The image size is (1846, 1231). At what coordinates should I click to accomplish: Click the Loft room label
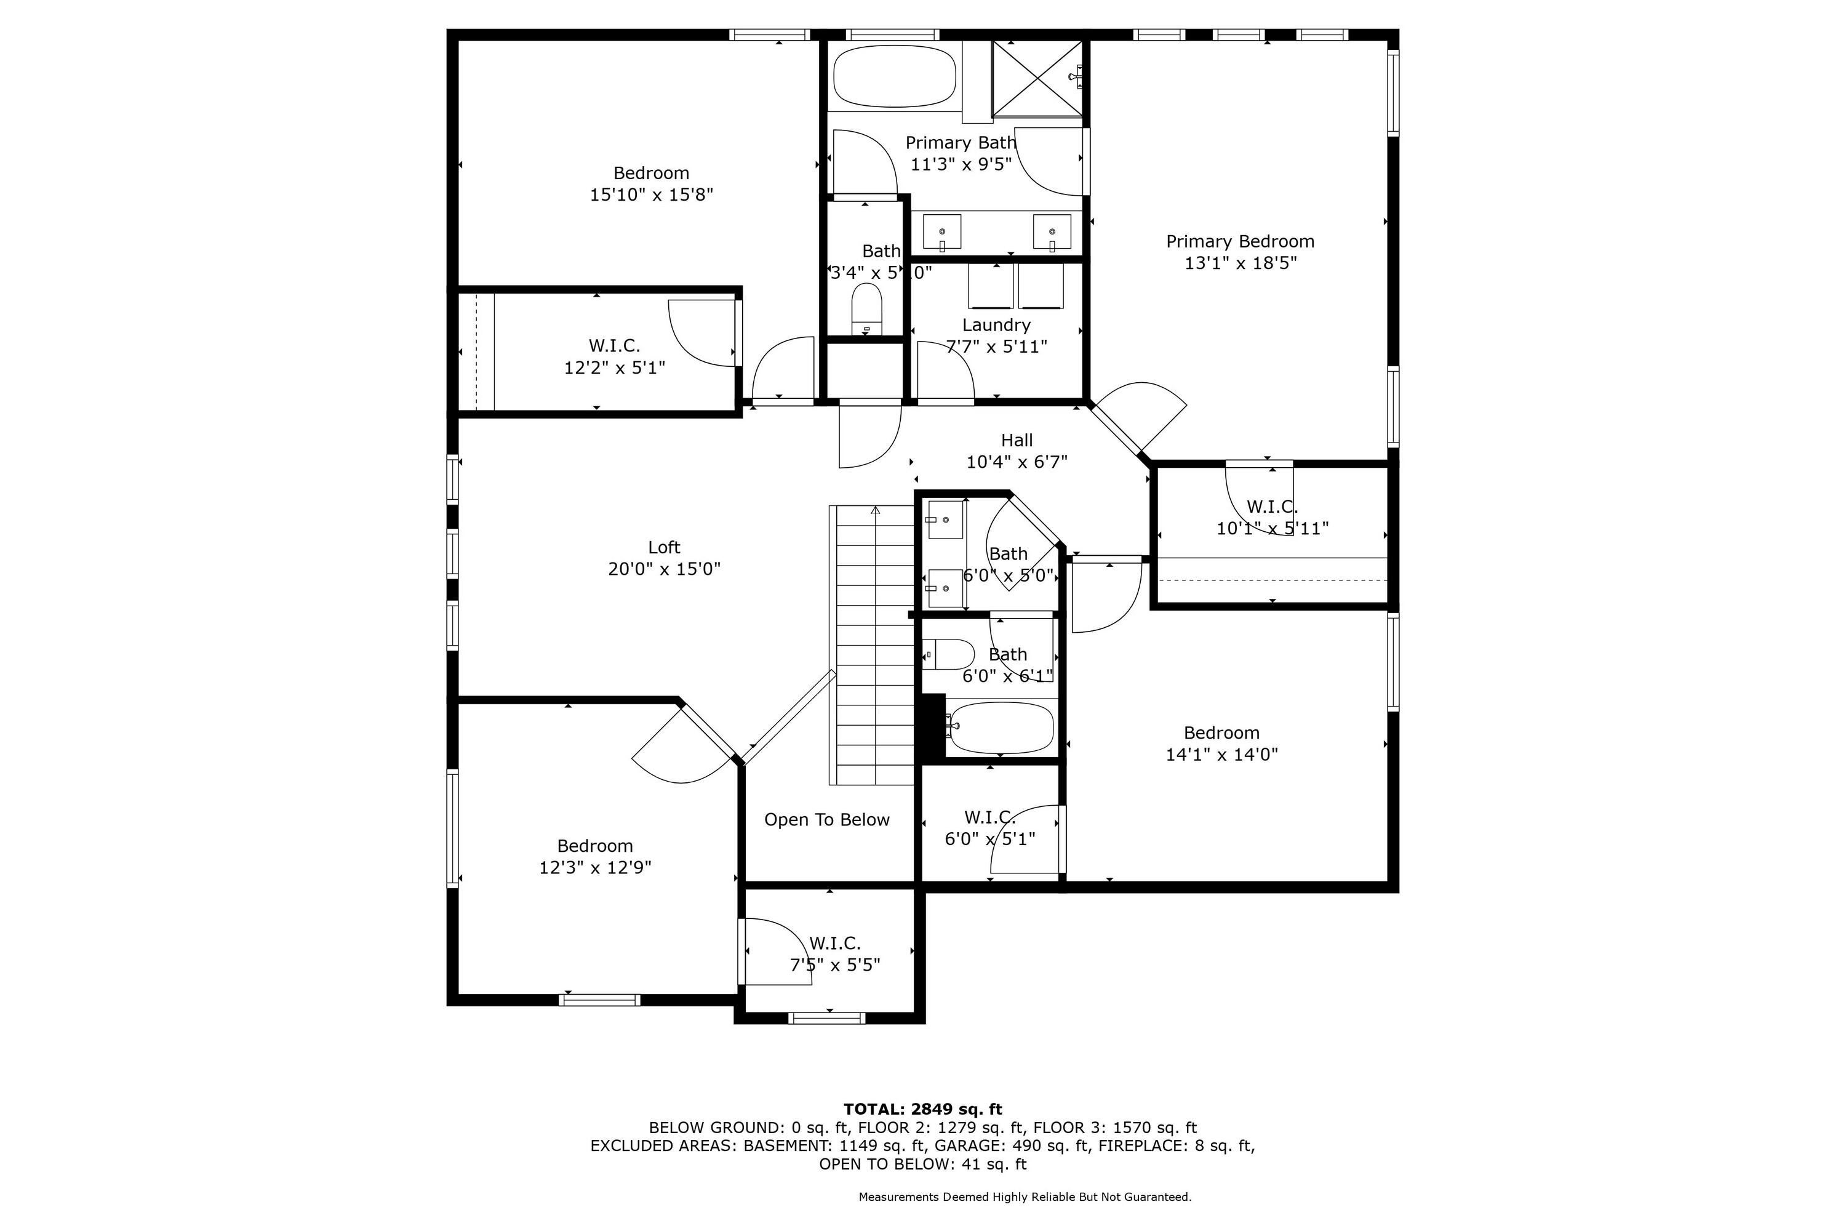(664, 547)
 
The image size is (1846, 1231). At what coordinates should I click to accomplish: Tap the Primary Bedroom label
(1239, 242)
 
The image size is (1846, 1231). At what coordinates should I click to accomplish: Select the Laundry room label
(996, 325)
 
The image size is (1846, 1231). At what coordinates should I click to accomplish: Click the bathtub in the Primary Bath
(894, 76)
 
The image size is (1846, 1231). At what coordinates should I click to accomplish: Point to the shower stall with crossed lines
(1037, 78)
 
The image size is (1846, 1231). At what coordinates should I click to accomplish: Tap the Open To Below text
(826, 820)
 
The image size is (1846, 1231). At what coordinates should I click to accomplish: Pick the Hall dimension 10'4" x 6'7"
(1017, 462)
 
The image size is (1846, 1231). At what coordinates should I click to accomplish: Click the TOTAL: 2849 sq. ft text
(922, 1109)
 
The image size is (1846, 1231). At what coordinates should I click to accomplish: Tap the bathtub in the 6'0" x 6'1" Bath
(999, 727)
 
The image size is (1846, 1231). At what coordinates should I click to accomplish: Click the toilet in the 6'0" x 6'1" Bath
(949, 654)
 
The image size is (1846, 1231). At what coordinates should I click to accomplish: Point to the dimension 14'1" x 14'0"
(1221, 755)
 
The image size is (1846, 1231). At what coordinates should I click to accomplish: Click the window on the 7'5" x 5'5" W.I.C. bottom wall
(826, 1018)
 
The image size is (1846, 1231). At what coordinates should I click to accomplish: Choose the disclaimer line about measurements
(1025, 1197)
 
